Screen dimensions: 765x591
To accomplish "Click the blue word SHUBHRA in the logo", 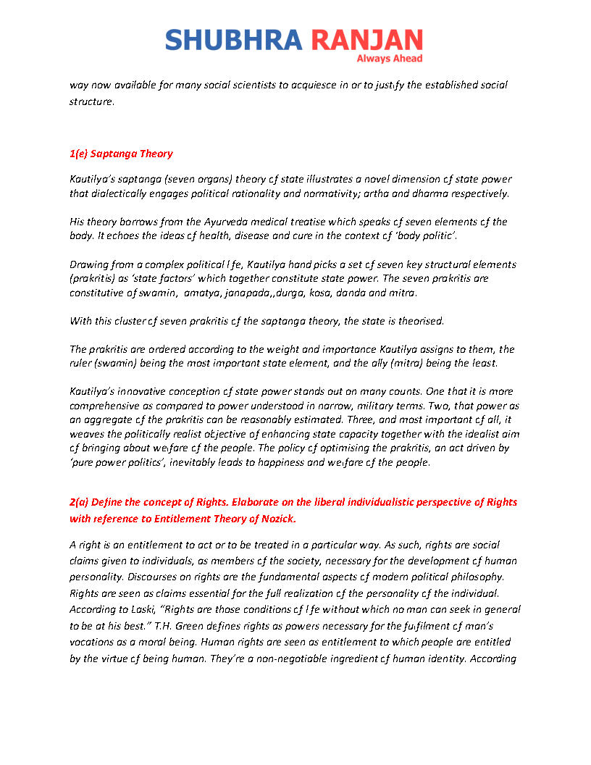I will tap(233, 39).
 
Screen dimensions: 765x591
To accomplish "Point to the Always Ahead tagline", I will tap(390, 59).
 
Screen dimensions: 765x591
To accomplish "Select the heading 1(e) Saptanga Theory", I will tap(121, 154).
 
